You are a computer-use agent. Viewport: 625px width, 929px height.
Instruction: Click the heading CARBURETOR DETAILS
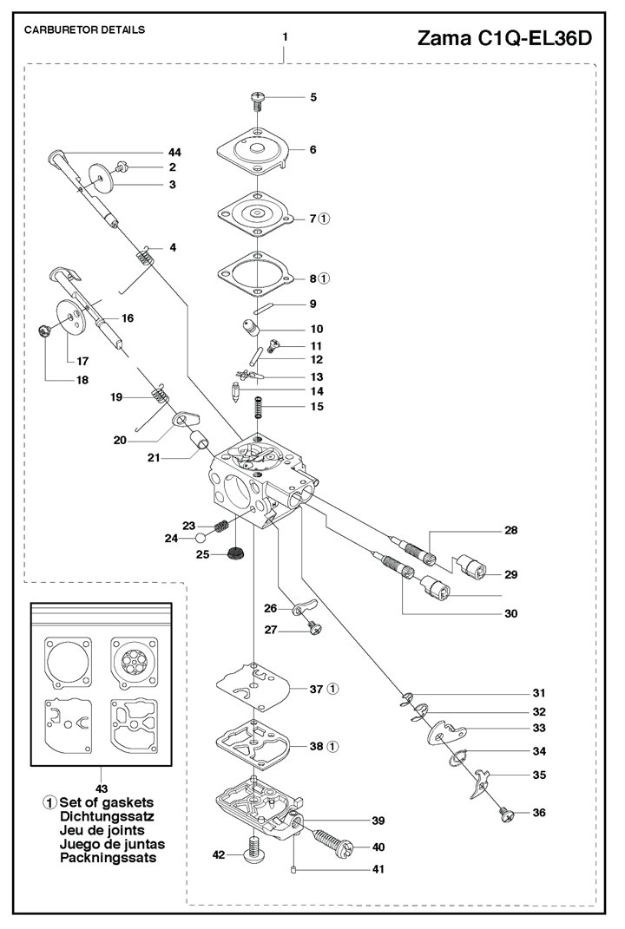(x=84, y=29)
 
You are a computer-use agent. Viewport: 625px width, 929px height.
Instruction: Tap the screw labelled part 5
(x=257, y=99)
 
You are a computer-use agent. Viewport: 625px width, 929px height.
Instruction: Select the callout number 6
(x=312, y=149)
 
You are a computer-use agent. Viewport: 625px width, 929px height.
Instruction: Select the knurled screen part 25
(x=234, y=555)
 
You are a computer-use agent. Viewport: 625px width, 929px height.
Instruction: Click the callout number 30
(x=510, y=613)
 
